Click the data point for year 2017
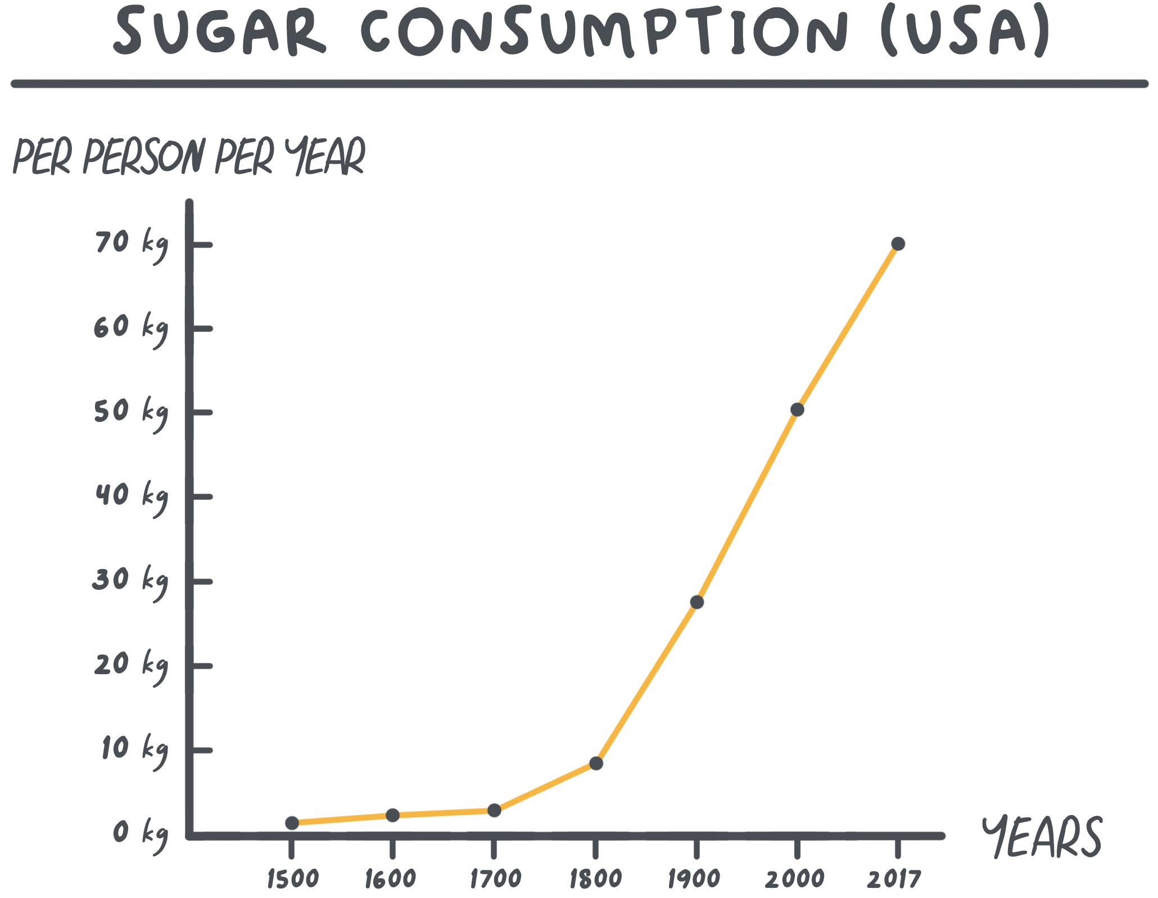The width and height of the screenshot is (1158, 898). pyautogui.click(x=898, y=244)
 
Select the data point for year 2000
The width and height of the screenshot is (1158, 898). pyautogui.click(x=797, y=409)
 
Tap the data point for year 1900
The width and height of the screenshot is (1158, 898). pyautogui.click(x=697, y=602)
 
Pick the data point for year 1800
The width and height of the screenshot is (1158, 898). pyautogui.click(x=596, y=763)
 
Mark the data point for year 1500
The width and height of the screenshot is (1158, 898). pyautogui.click(x=292, y=823)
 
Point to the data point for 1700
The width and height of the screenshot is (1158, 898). pyautogui.click(x=494, y=810)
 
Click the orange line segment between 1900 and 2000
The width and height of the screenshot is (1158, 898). pyautogui.click(x=747, y=506)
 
